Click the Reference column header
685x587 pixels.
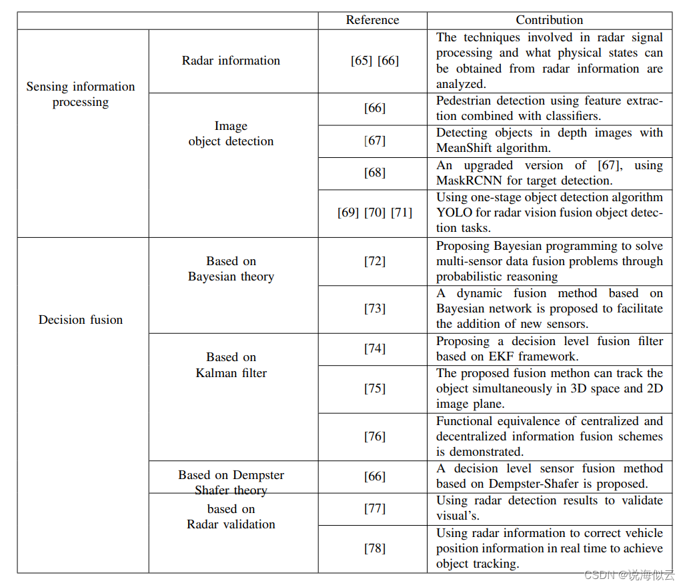coord(372,20)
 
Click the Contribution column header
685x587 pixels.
coord(549,20)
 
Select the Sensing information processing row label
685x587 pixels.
coord(81,94)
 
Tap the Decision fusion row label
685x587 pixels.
coord(81,320)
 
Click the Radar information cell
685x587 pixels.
coord(231,61)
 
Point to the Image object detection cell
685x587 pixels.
coord(231,133)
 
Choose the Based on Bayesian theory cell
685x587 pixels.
coord(231,269)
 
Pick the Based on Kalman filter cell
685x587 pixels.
coord(231,365)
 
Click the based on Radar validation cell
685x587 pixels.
coord(231,516)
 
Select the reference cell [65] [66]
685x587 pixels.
coord(374,61)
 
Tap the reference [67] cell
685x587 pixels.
coord(374,141)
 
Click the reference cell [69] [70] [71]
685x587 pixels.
coord(374,213)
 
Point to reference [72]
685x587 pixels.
coord(374,261)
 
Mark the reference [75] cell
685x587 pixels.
coord(374,388)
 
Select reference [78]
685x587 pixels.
coord(374,548)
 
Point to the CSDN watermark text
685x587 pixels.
coord(598,575)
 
